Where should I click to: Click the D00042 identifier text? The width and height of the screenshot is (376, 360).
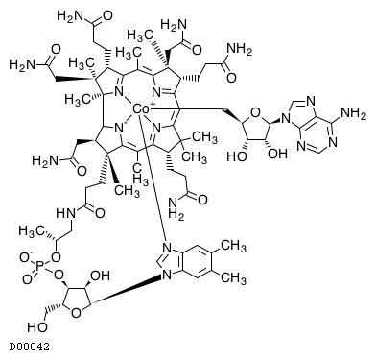[29, 347]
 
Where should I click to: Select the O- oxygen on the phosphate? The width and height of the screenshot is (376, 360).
[26, 257]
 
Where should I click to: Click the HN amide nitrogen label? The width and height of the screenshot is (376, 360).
[66, 213]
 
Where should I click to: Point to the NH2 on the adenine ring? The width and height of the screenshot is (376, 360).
[354, 113]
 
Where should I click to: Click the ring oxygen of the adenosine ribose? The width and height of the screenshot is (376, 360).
[256, 113]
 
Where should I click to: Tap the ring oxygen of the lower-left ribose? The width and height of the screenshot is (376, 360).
[77, 313]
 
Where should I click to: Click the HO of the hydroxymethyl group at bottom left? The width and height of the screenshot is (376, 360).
[37, 327]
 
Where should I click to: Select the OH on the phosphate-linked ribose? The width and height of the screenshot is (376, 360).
[101, 276]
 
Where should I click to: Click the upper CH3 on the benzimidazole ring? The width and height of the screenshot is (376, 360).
[234, 246]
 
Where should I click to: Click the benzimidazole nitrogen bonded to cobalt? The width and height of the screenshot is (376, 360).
[166, 248]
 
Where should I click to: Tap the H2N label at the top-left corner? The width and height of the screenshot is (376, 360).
[70, 15]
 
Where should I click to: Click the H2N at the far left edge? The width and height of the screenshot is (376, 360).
[22, 64]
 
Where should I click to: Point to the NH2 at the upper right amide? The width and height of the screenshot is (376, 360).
[239, 50]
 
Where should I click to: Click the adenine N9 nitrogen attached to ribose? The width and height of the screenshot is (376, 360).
[286, 121]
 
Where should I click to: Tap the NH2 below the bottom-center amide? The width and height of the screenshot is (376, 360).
[176, 207]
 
